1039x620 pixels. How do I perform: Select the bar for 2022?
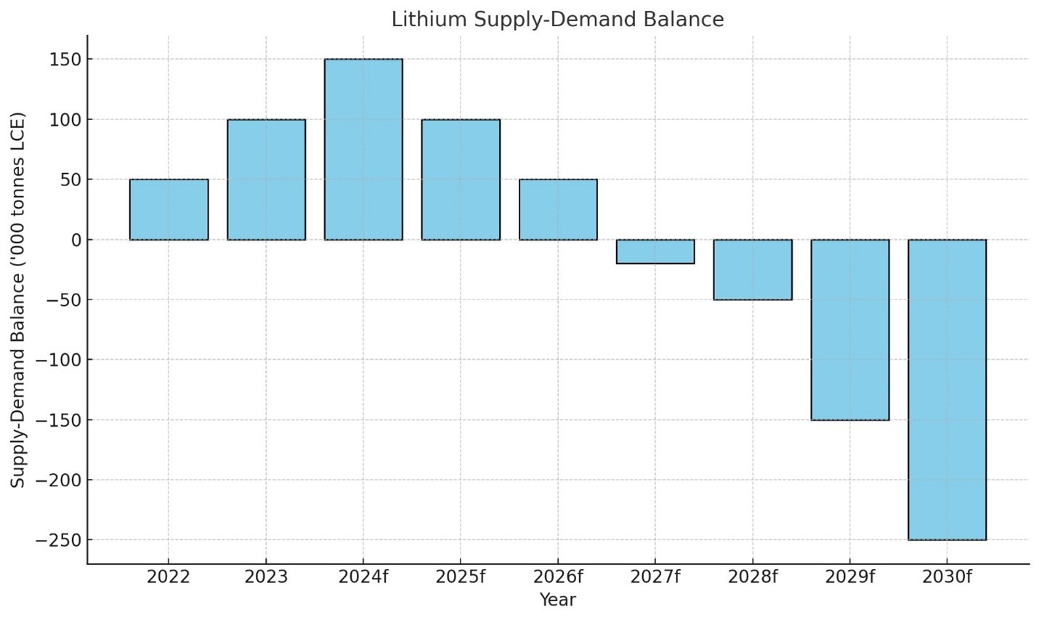point(169,209)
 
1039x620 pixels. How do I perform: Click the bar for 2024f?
point(363,149)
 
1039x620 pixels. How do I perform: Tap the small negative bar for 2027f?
point(655,251)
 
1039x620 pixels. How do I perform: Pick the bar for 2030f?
point(947,390)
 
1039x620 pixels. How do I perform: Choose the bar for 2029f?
point(850,329)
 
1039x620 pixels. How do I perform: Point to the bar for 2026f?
point(558,209)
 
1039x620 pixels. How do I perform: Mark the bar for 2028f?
point(753,270)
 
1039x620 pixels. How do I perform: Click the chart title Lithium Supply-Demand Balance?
point(557,20)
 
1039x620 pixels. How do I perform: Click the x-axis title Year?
point(557,600)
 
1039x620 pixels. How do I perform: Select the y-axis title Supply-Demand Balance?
point(18,299)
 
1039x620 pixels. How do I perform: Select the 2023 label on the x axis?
point(266,577)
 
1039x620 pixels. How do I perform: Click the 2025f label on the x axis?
point(461,577)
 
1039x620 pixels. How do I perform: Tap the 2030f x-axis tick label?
point(947,577)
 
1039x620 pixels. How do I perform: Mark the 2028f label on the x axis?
point(753,577)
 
